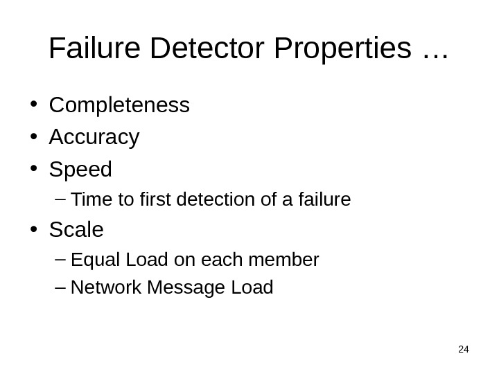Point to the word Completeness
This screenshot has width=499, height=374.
pos(119,105)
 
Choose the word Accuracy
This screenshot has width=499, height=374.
pos(94,138)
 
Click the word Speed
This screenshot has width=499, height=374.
pos(80,170)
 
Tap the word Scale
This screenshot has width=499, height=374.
pos(76,229)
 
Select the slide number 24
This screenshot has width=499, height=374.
pos(464,349)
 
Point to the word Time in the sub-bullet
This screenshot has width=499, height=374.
pos(86,200)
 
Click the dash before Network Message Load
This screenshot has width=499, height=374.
pos(58,287)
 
